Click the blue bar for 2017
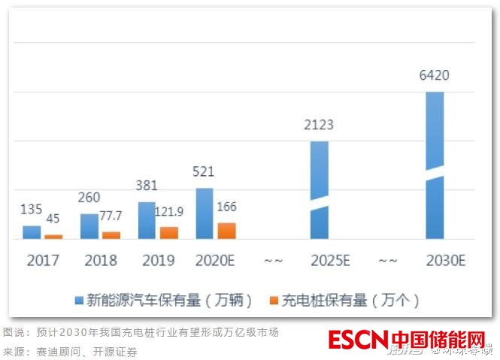point(32,232)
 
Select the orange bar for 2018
point(111,235)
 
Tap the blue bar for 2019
point(147,220)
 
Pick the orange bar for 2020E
point(226,231)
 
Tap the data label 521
point(205,172)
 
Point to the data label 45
point(53,219)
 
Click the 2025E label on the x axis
point(330,261)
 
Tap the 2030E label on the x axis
point(445,261)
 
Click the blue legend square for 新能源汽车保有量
point(79,301)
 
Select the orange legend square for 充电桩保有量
point(274,301)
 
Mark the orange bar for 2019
point(169,233)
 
